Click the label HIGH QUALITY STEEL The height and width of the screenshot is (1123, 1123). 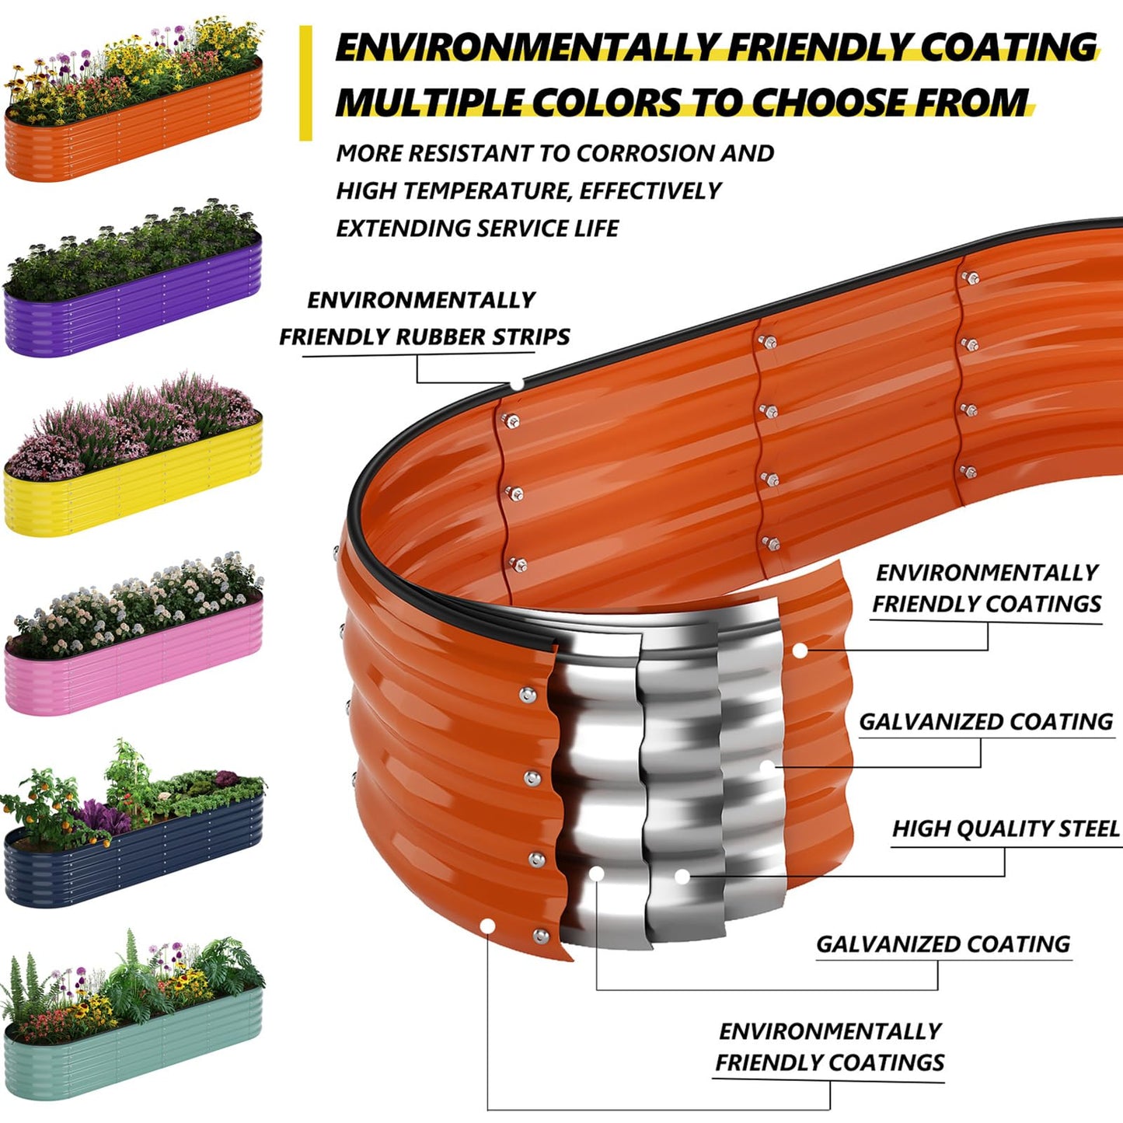click(x=1006, y=829)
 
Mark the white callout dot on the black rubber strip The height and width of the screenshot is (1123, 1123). click(x=517, y=384)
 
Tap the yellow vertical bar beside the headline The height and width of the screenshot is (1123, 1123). click(x=305, y=83)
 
